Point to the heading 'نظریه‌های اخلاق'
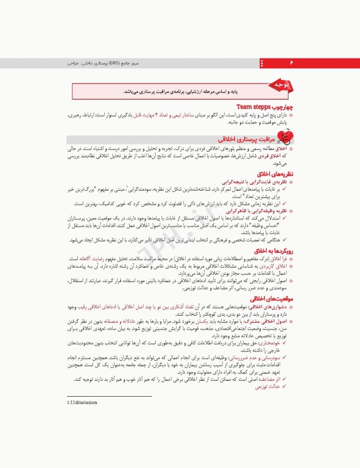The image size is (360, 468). (277, 174)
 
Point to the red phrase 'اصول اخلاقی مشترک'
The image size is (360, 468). (266, 321)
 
